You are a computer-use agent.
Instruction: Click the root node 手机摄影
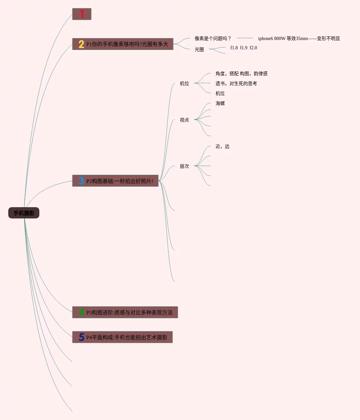(x=24, y=213)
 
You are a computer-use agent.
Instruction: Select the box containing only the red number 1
(x=82, y=14)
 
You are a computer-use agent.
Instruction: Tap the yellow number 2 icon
(x=81, y=44)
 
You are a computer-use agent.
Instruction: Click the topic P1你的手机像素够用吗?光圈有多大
(x=127, y=44)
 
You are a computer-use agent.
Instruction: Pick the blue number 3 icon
(x=81, y=181)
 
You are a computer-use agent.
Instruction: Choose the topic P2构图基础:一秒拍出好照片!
(x=120, y=181)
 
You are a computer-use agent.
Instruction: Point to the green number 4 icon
(x=81, y=312)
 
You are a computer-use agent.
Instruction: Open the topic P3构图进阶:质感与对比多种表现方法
(x=129, y=312)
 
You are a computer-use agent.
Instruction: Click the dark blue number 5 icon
(x=81, y=337)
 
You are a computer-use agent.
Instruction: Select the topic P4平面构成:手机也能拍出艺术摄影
(x=127, y=337)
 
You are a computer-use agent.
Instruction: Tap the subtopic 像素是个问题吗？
(x=213, y=38)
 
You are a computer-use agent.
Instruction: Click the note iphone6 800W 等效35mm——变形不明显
(x=299, y=38)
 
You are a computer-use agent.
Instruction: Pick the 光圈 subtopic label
(x=199, y=49)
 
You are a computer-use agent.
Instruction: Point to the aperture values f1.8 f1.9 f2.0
(x=244, y=48)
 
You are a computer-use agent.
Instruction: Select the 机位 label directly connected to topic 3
(x=184, y=83)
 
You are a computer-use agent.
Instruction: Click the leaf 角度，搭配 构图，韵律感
(x=241, y=73)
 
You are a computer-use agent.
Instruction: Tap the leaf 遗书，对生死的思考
(x=236, y=83)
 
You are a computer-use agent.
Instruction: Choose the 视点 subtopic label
(x=184, y=120)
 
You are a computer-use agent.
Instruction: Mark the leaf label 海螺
(x=220, y=103)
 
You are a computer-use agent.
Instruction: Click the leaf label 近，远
(x=222, y=146)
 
